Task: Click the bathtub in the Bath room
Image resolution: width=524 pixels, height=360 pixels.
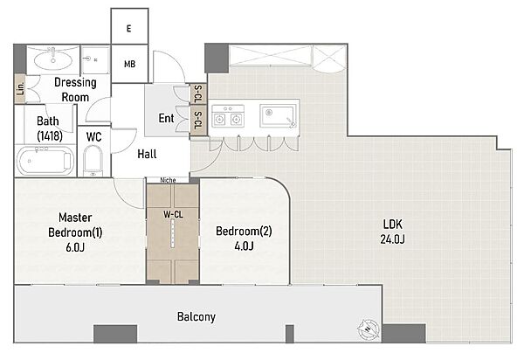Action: pos(45,161)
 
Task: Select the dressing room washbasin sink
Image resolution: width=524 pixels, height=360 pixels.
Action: pos(52,61)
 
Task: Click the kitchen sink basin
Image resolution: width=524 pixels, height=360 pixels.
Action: pos(278,116)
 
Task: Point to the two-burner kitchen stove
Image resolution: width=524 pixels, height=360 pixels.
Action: pos(228,115)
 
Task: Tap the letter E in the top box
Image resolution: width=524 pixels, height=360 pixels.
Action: pos(129,29)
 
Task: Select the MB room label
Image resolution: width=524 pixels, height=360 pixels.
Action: pos(129,64)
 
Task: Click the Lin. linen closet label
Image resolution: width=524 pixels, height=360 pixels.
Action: pos(20,88)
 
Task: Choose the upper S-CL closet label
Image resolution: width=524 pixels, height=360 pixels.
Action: pos(198,93)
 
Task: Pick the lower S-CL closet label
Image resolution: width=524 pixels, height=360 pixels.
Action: pos(198,121)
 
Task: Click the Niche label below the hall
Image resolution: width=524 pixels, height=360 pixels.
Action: pos(168,180)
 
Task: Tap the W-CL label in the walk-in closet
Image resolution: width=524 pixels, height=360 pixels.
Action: pos(173,214)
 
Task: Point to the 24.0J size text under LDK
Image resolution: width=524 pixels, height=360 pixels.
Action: pos(392,239)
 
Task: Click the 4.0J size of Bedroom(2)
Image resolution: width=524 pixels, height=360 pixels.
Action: pos(244,246)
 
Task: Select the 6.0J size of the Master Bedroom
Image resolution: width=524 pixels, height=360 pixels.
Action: pos(75,247)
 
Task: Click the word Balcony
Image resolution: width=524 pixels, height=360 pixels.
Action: pos(196,316)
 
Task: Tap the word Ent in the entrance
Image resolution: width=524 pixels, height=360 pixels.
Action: pos(166,118)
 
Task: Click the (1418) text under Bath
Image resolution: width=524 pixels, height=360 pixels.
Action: pos(50,136)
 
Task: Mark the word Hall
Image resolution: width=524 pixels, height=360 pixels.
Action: pos(147,154)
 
